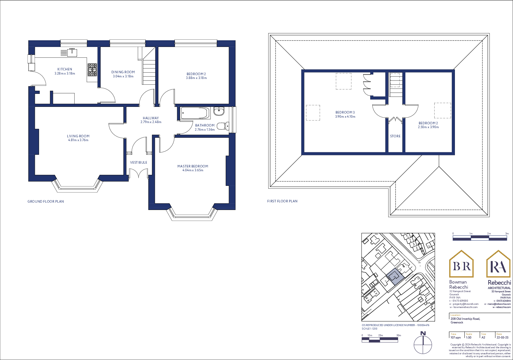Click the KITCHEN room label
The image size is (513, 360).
coord(65,69)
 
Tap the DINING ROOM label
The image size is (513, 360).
coord(123,72)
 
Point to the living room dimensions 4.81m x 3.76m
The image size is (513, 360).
coord(78,140)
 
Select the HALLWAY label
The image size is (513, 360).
coord(151,118)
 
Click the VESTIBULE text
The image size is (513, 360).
coord(139,162)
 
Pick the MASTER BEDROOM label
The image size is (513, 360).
coord(193,166)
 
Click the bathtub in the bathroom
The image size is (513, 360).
coord(195,113)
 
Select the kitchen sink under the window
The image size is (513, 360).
coord(72,52)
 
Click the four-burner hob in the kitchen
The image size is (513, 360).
coord(92,70)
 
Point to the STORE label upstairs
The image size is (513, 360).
coord(395,136)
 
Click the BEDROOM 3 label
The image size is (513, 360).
coord(345,112)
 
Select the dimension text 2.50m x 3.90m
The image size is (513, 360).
coord(428,127)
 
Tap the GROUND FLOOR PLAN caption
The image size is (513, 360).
coord(46,201)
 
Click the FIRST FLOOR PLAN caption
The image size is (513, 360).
coord(282,201)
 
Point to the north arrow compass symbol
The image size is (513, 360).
coord(423,344)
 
